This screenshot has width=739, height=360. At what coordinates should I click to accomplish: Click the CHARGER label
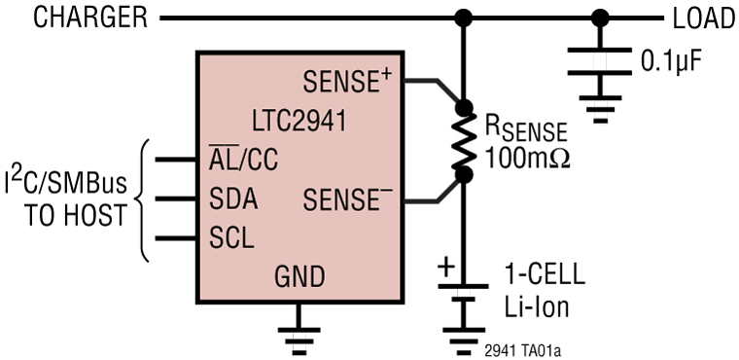pos(75,18)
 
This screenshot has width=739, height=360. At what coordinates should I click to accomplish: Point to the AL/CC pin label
pos(243,160)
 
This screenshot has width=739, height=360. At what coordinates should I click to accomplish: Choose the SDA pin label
pos(233,200)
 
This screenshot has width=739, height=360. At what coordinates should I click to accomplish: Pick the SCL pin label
pos(231,239)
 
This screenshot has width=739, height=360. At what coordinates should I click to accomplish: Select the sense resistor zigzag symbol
pos(464,141)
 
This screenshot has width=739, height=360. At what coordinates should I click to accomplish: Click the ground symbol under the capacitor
pos(600,104)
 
